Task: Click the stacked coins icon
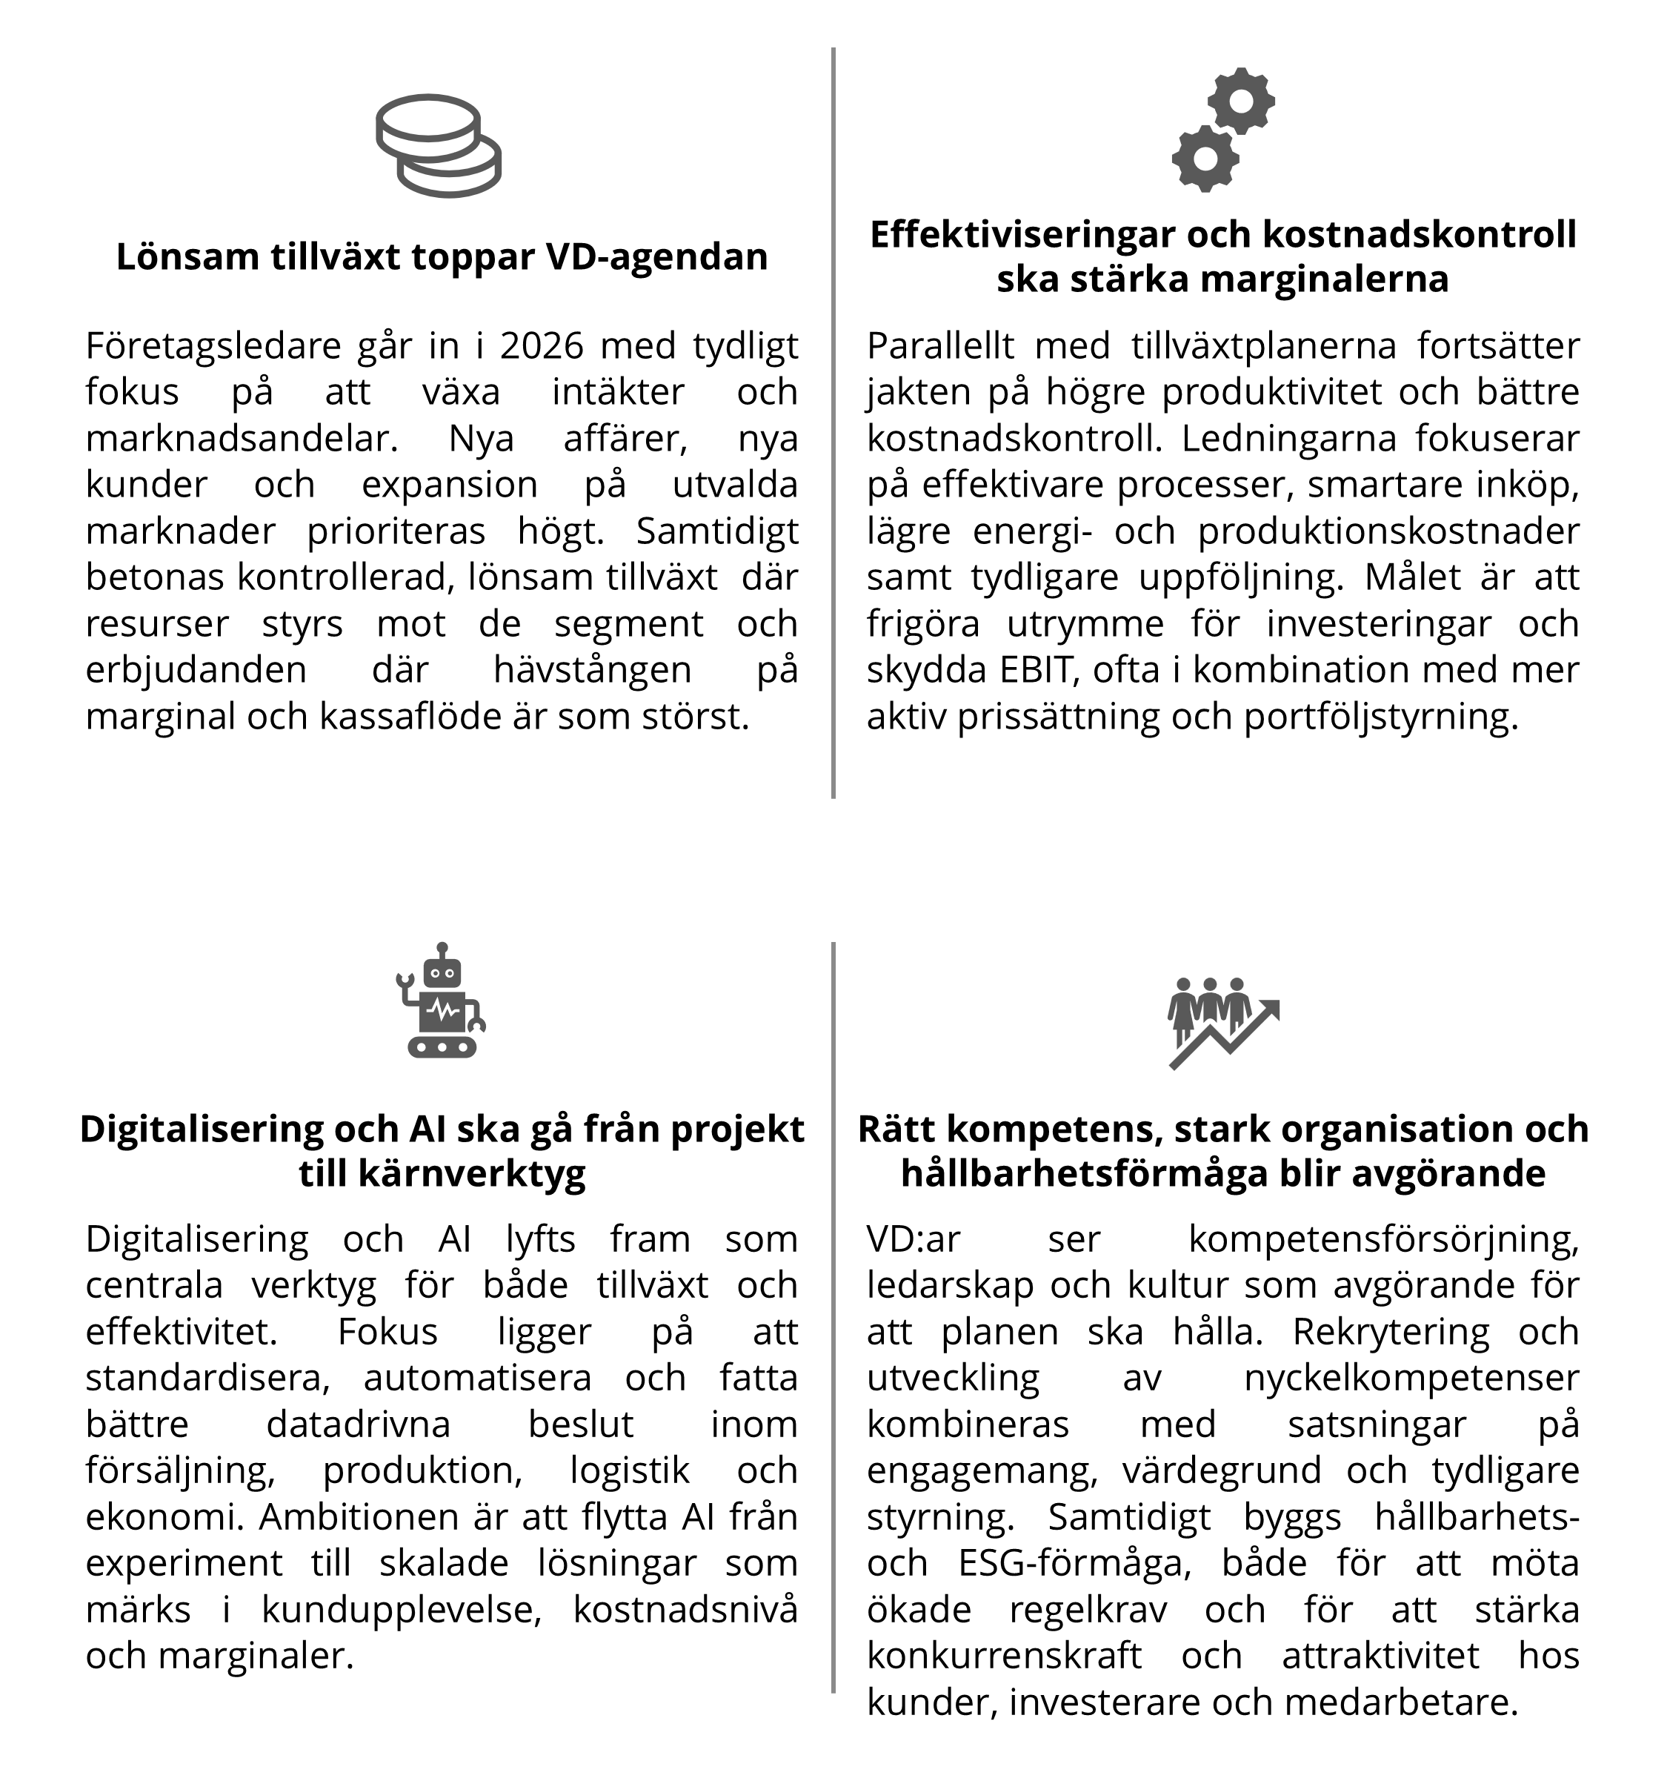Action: [438, 145]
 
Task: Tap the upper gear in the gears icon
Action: [1241, 100]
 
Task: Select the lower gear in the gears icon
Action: [1205, 159]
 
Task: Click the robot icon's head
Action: [442, 971]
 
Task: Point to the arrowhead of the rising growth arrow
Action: [1269, 1009]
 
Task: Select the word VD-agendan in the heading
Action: [656, 257]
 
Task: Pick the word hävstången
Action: [592, 670]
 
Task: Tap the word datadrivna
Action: [359, 1425]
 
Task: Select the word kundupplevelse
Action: [402, 1610]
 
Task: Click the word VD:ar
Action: [913, 1239]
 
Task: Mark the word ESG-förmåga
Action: [1074, 1563]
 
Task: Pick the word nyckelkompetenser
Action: [1411, 1378]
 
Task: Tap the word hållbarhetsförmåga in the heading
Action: [1083, 1173]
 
